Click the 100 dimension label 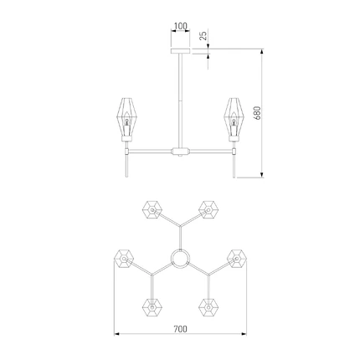coord(180,26)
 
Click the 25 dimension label coord(203,35)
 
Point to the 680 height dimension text coord(257,113)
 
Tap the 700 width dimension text coord(180,329)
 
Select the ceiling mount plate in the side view coord(180,51)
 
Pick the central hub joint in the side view coord(180,152)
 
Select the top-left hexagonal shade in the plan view coord(152,209)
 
